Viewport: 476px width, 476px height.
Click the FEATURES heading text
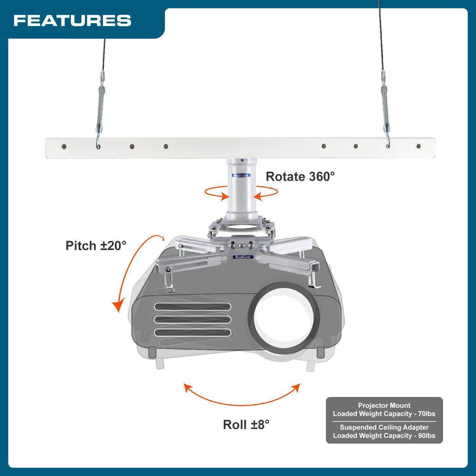[x=72, y=21]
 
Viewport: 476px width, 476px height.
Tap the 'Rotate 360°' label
[x=300, y=176]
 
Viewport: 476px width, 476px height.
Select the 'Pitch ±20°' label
[x=96, y=246]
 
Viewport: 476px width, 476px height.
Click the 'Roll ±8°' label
[x=246, y=425]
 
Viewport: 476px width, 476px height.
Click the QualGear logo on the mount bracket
[x=243, y=257]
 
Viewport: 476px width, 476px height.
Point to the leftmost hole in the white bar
[x=64, y=147]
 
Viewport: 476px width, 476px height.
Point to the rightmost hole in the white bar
[x=419, y=146]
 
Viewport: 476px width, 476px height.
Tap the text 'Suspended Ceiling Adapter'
[x=384, y=427]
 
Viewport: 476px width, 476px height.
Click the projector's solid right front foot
[x=321, y=351]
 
